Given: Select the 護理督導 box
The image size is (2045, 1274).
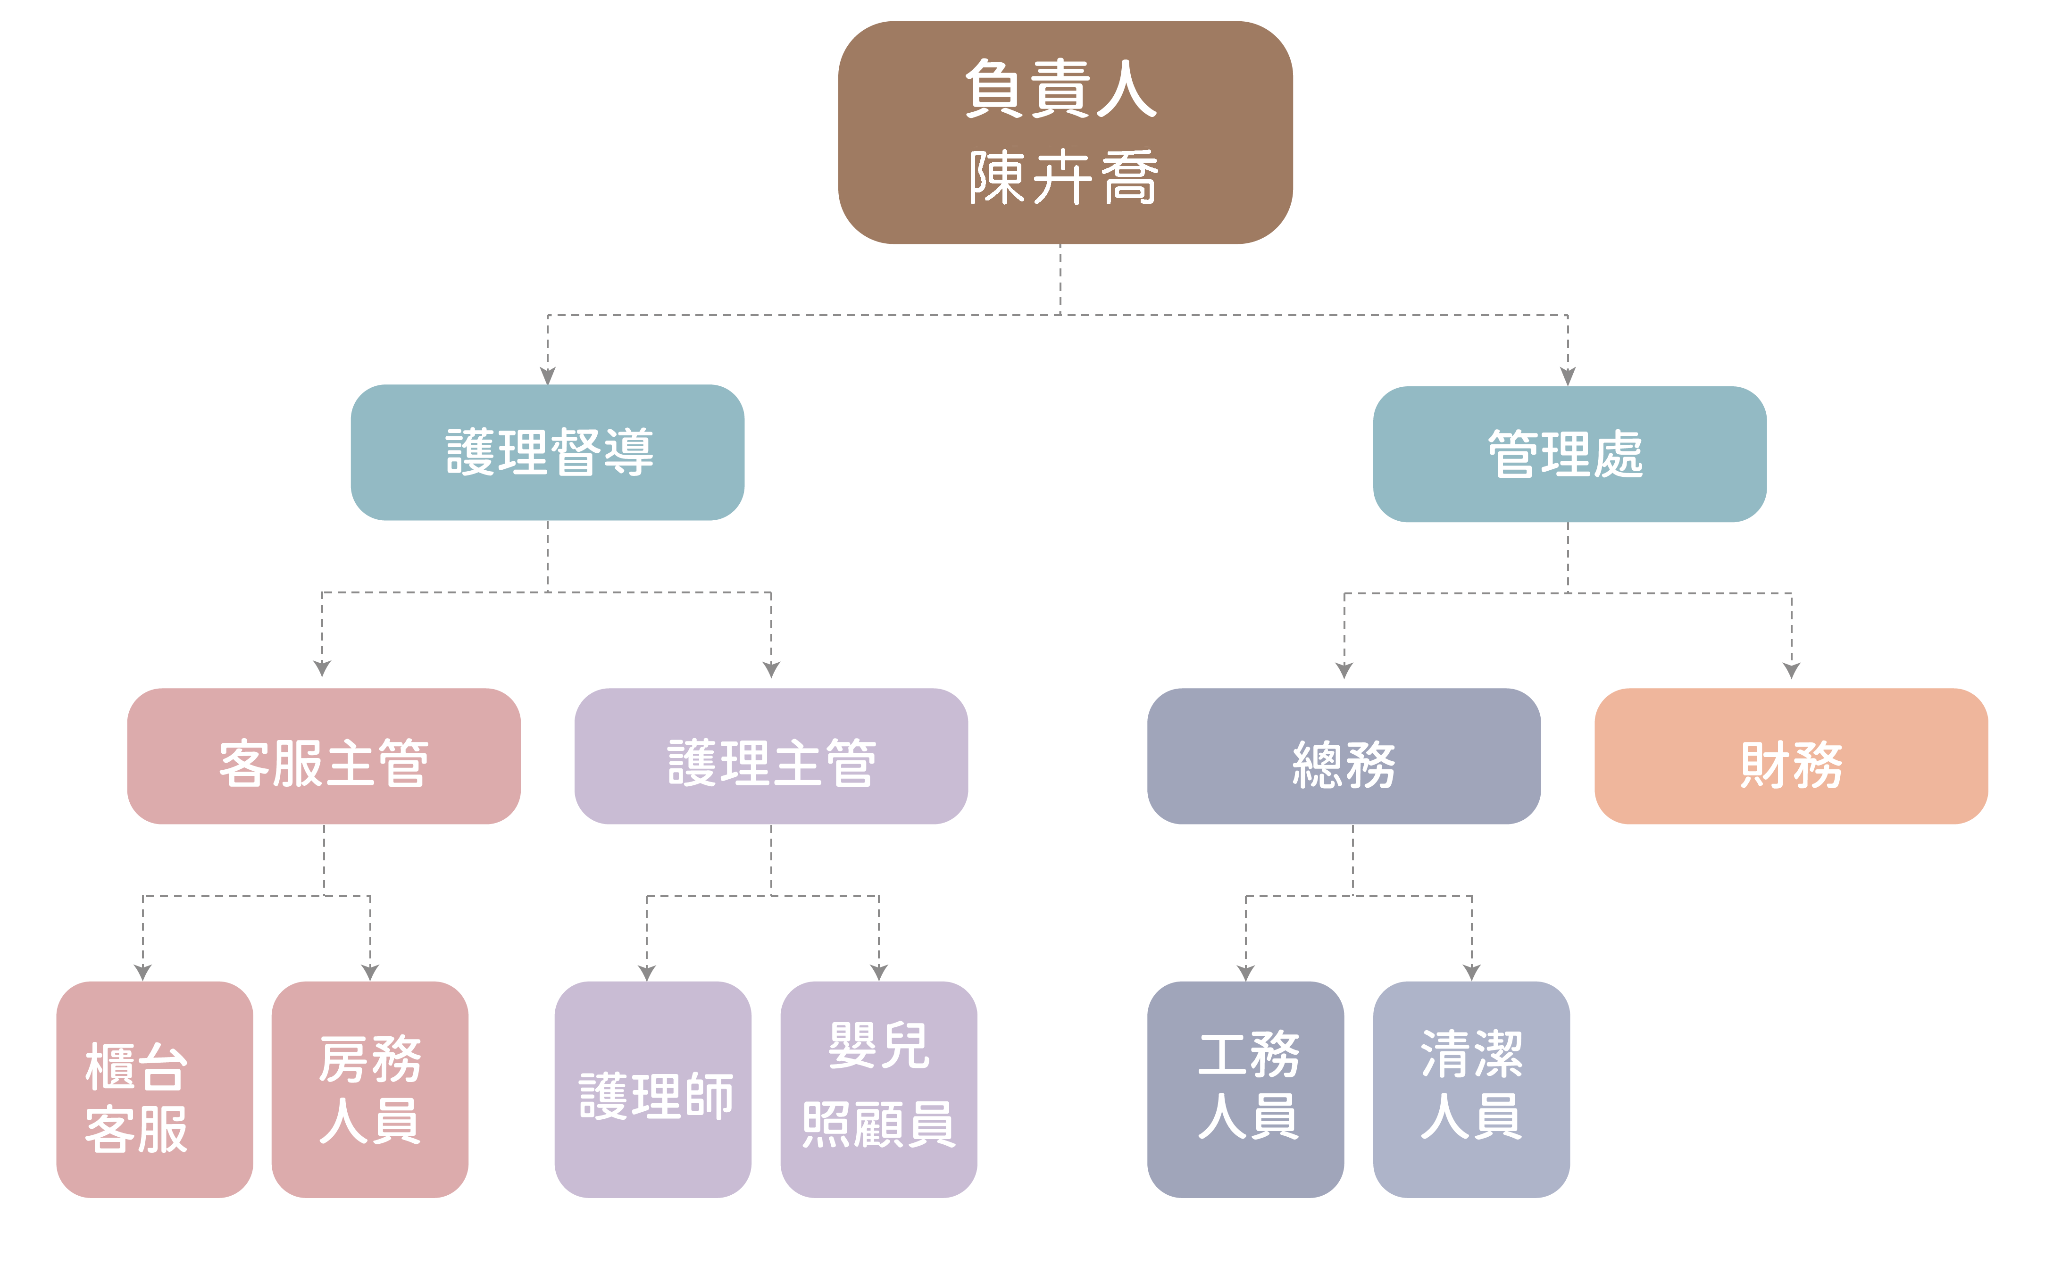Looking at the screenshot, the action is pyautogui.click(x=548, y=452).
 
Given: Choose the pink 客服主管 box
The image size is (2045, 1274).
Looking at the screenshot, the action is pyautogui.click(x=324, y=756).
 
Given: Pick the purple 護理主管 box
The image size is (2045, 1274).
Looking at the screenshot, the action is pyautogui.click(x=771, y=756).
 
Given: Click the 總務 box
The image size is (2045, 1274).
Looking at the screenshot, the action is pyautogui.click(x=1344, y=756).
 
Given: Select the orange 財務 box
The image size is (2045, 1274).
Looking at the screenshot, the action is pyautogui.click(x=1791, y=756).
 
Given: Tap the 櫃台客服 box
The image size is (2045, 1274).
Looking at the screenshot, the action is pyautogui.click(x=155, y=1090).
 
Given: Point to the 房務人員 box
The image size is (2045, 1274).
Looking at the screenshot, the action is pyautogui.click(x=370, y=1090).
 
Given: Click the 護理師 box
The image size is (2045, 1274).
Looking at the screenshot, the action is pyautogui.click(x=653, y=1090).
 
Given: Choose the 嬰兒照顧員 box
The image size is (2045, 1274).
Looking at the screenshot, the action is pyautogui.click(x=879, y=1090).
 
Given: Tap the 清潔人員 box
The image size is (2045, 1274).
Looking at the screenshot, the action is pyautogui.click(x=1471, y=1090).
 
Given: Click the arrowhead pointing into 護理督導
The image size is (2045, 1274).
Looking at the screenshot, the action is pyautogui.click(x=548, y=376).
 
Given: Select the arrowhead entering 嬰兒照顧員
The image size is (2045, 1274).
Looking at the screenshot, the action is pyautogui.click(x=879, y=972).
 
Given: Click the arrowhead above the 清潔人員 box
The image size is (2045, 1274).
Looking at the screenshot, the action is pyautogui.click(x=1472, y=972).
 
